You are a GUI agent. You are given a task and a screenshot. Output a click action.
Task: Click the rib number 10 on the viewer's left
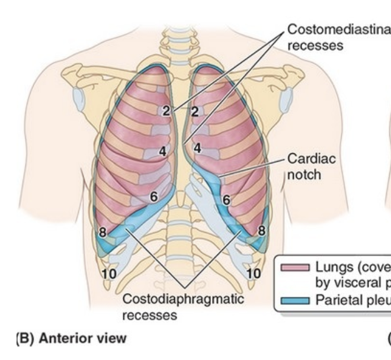(109, 274)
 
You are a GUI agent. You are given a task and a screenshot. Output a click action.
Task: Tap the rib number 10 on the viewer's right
(254, 274)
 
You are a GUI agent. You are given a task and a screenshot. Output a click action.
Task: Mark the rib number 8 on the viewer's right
(261, 229)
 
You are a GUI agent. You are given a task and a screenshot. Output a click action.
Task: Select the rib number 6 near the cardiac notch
(226, 200)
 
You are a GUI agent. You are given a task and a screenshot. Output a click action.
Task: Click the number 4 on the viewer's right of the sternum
(198, 147)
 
